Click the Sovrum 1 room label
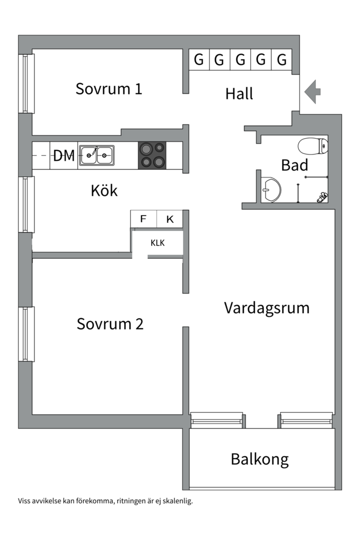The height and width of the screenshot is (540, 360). point(109,89)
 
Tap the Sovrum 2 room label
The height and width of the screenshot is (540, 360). point(110,324)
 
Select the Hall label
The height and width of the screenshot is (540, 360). point(239,93)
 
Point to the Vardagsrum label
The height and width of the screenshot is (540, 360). point(266,307)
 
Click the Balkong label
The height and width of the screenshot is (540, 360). point(259,459)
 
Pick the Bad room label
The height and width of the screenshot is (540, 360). point(294,165)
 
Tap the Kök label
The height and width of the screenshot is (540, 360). point(104,190)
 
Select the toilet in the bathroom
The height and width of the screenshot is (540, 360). point(312,146)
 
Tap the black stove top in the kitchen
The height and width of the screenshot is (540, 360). point(152,155)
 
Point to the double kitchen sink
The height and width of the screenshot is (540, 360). point(96,155)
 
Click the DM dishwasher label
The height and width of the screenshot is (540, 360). point(64,156)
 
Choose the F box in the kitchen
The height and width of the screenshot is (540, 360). point(143,219)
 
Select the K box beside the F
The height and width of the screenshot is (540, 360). point(169,219)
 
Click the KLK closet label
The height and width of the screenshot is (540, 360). point(157,243)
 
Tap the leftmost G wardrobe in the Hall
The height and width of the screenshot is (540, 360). point(199,60)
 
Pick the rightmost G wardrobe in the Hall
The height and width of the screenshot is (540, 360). point(282,60)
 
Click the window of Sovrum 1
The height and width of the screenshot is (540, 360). point(26,83)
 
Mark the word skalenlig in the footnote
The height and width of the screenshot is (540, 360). point(177,500)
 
